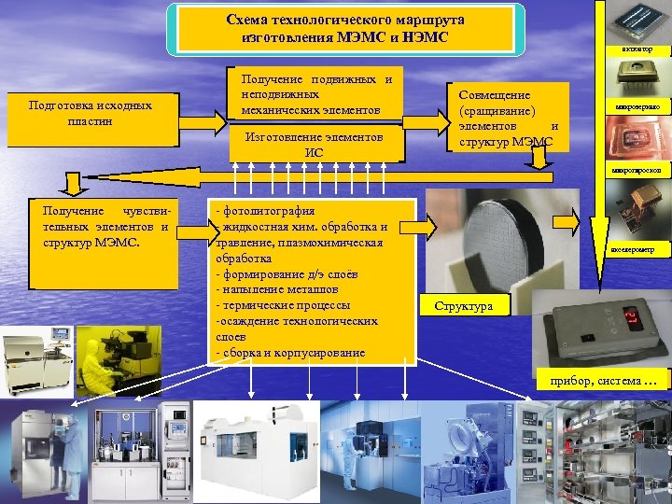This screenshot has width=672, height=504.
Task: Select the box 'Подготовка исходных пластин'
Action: [x=90, y=115]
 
